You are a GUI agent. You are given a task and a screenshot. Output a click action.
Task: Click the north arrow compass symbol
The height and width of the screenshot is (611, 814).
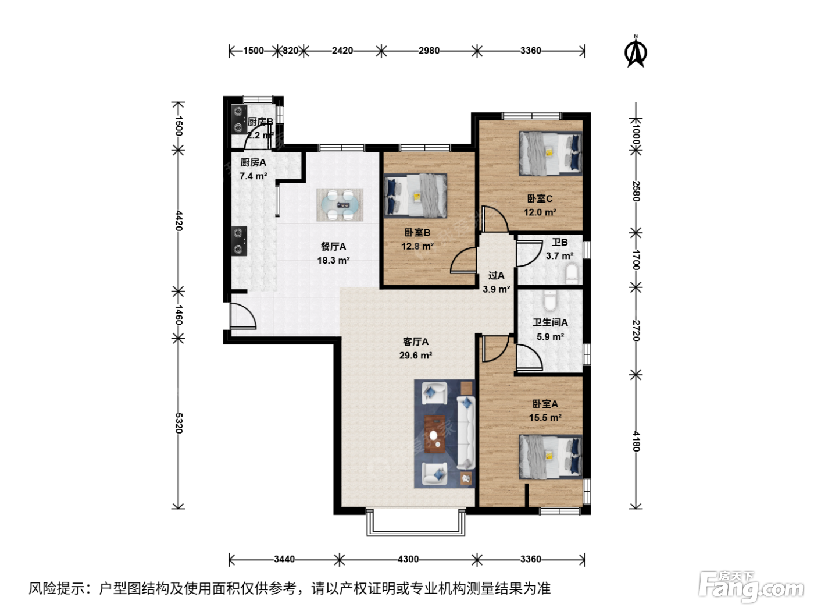coord(636,52)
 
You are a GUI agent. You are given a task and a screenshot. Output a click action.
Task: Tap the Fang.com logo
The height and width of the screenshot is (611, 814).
coord(751,587)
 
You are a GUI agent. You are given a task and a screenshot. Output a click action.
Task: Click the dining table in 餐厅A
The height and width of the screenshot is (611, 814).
coord(340,204)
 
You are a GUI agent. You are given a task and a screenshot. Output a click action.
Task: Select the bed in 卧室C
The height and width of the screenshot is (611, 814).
coord(551,153)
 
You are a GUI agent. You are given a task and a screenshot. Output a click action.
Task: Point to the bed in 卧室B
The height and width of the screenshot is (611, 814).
coord(415,196)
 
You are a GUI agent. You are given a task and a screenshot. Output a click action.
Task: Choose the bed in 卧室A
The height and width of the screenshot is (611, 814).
coord(551,457)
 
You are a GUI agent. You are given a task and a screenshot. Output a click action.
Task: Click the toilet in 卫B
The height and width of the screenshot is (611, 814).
coord(572,273)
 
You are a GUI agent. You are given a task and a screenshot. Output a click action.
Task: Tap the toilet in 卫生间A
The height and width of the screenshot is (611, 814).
coord(550,300)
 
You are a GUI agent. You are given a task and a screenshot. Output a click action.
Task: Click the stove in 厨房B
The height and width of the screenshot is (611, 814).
coord(238,119)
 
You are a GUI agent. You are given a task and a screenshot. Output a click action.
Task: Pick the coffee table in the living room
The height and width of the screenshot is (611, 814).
coord(435,434)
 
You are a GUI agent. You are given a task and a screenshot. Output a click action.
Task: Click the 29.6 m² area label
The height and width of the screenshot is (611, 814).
coord(415,355)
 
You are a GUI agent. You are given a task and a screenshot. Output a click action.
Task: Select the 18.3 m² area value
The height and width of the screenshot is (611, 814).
coord(333,260)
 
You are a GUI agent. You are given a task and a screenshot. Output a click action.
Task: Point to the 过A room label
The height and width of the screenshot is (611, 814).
coord(496,275)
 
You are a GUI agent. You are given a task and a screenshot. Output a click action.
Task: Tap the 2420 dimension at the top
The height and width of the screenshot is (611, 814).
coord(342,51)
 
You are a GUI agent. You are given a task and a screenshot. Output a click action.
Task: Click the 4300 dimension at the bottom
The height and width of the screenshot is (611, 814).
coord(408,559)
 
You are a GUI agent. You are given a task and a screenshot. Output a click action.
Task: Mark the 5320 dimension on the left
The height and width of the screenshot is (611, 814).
coord(178,423)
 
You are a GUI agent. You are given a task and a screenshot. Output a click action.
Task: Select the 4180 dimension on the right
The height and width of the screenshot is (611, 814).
coord(636,441)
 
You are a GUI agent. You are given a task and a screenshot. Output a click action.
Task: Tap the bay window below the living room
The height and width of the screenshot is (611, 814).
coord(416,523)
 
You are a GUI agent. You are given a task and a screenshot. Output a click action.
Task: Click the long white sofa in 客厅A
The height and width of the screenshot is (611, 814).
coord(466,433)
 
